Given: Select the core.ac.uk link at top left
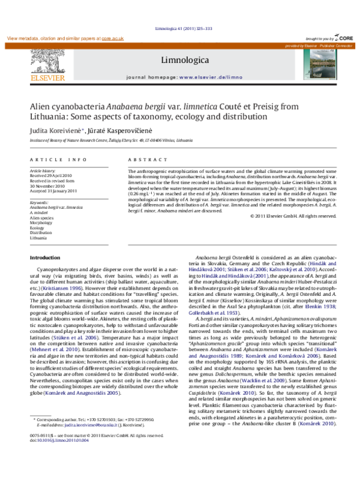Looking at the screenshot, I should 112,38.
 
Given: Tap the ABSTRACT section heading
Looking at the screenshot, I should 145,160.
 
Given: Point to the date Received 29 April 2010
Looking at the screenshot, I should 51,176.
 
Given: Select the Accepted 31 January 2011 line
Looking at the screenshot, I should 53,190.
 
